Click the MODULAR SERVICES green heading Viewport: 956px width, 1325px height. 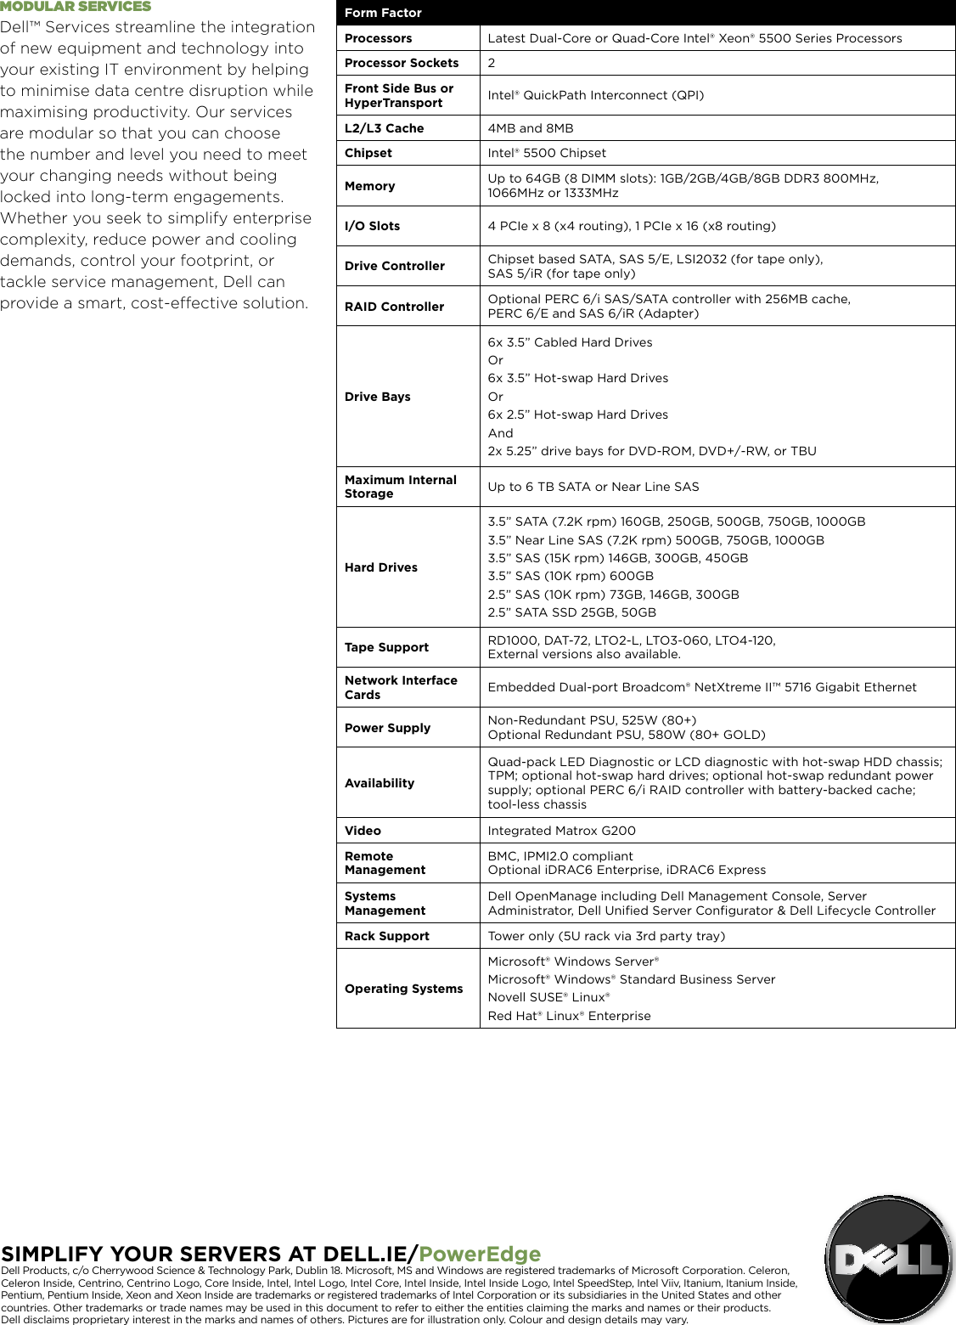(76, 7)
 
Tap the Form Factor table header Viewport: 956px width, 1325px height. (383, 13)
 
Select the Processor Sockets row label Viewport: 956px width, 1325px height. (402, 63)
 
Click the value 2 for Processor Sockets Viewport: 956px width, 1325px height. (492, 63)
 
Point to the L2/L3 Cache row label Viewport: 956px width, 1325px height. (384, 128)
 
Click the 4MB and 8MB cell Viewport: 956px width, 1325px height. (531, 128)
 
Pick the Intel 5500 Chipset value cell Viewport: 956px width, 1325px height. (547, 153)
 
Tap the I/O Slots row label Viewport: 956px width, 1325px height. (372, 226)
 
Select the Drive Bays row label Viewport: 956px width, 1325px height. (377, 397)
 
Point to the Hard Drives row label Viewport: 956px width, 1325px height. (380, 567)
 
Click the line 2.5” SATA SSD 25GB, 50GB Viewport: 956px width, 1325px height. (571, 612)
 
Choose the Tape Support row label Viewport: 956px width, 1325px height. (386, 647)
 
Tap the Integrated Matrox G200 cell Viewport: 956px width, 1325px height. (561, 831)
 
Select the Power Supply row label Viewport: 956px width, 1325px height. (387, 728)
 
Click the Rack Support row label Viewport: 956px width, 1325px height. (386, 936)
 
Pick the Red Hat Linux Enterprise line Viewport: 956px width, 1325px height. (569, 1016)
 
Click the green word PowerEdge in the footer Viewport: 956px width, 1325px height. (480, 1255)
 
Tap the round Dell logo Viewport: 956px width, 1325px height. (889, 1260)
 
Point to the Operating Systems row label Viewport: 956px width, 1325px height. (403, 989)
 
